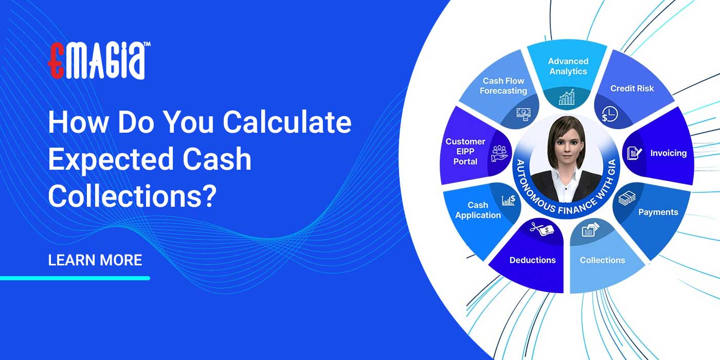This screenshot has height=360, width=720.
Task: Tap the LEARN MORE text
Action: (x=95, y=260)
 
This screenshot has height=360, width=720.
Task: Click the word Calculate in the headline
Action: (x=287, y=123)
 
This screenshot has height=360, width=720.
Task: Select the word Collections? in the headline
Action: (x=131, y=197)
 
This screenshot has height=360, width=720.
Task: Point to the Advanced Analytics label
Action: (x=568, y=66)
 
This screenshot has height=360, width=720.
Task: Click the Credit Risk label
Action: (x=632, y=88)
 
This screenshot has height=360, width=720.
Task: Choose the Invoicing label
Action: (x=668, y=153)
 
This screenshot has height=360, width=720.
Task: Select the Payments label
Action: (x=658, y=212)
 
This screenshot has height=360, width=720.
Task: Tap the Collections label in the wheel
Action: (x=602, y=260)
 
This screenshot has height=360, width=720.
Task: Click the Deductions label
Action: (x=532, y=260)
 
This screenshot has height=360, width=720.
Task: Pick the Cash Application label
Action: (x=478, y=210)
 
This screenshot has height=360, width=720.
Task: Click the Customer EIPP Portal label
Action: (x=465, y=152)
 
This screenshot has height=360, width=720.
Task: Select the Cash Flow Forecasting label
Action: (x=503, y=86)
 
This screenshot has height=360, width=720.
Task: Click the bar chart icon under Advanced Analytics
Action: (x=567, y=98)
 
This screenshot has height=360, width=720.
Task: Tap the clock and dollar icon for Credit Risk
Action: (x=609, y=114)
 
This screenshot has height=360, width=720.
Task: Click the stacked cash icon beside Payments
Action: (x=627, y=198)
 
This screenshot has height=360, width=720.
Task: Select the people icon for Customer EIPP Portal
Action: (x=499, y=153)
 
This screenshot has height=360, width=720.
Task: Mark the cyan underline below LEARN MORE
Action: (x=75, y=278)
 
